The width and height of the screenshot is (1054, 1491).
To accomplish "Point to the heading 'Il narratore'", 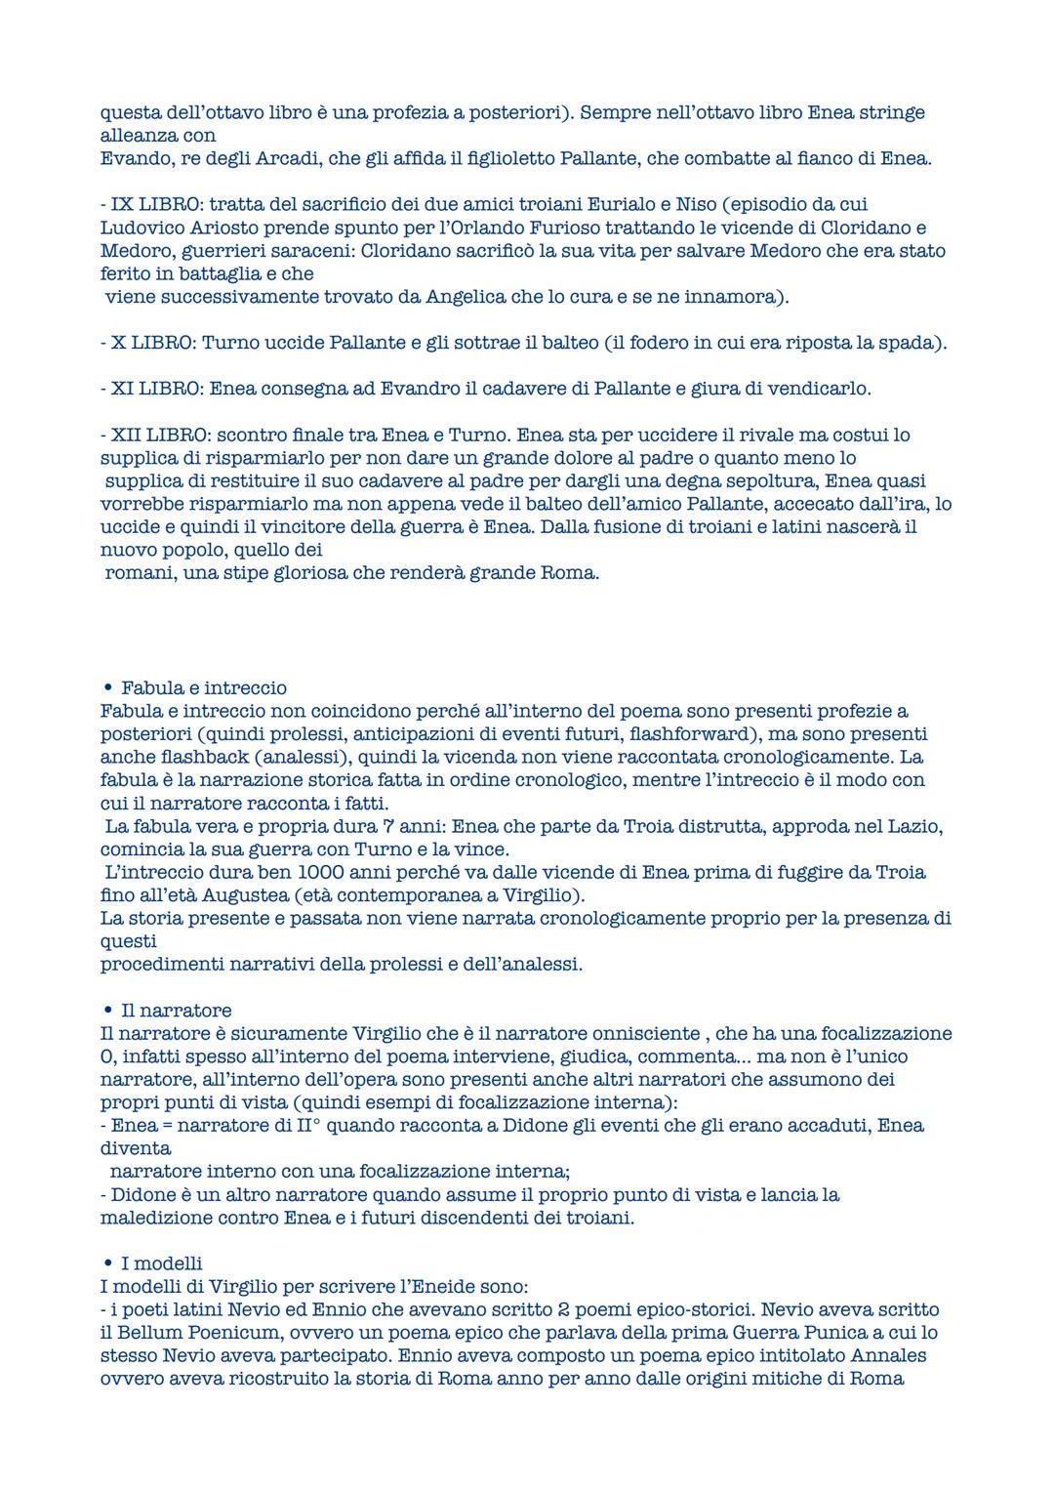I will (176, 1010).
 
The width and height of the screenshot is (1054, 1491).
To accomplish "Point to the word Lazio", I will (912, 826).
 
